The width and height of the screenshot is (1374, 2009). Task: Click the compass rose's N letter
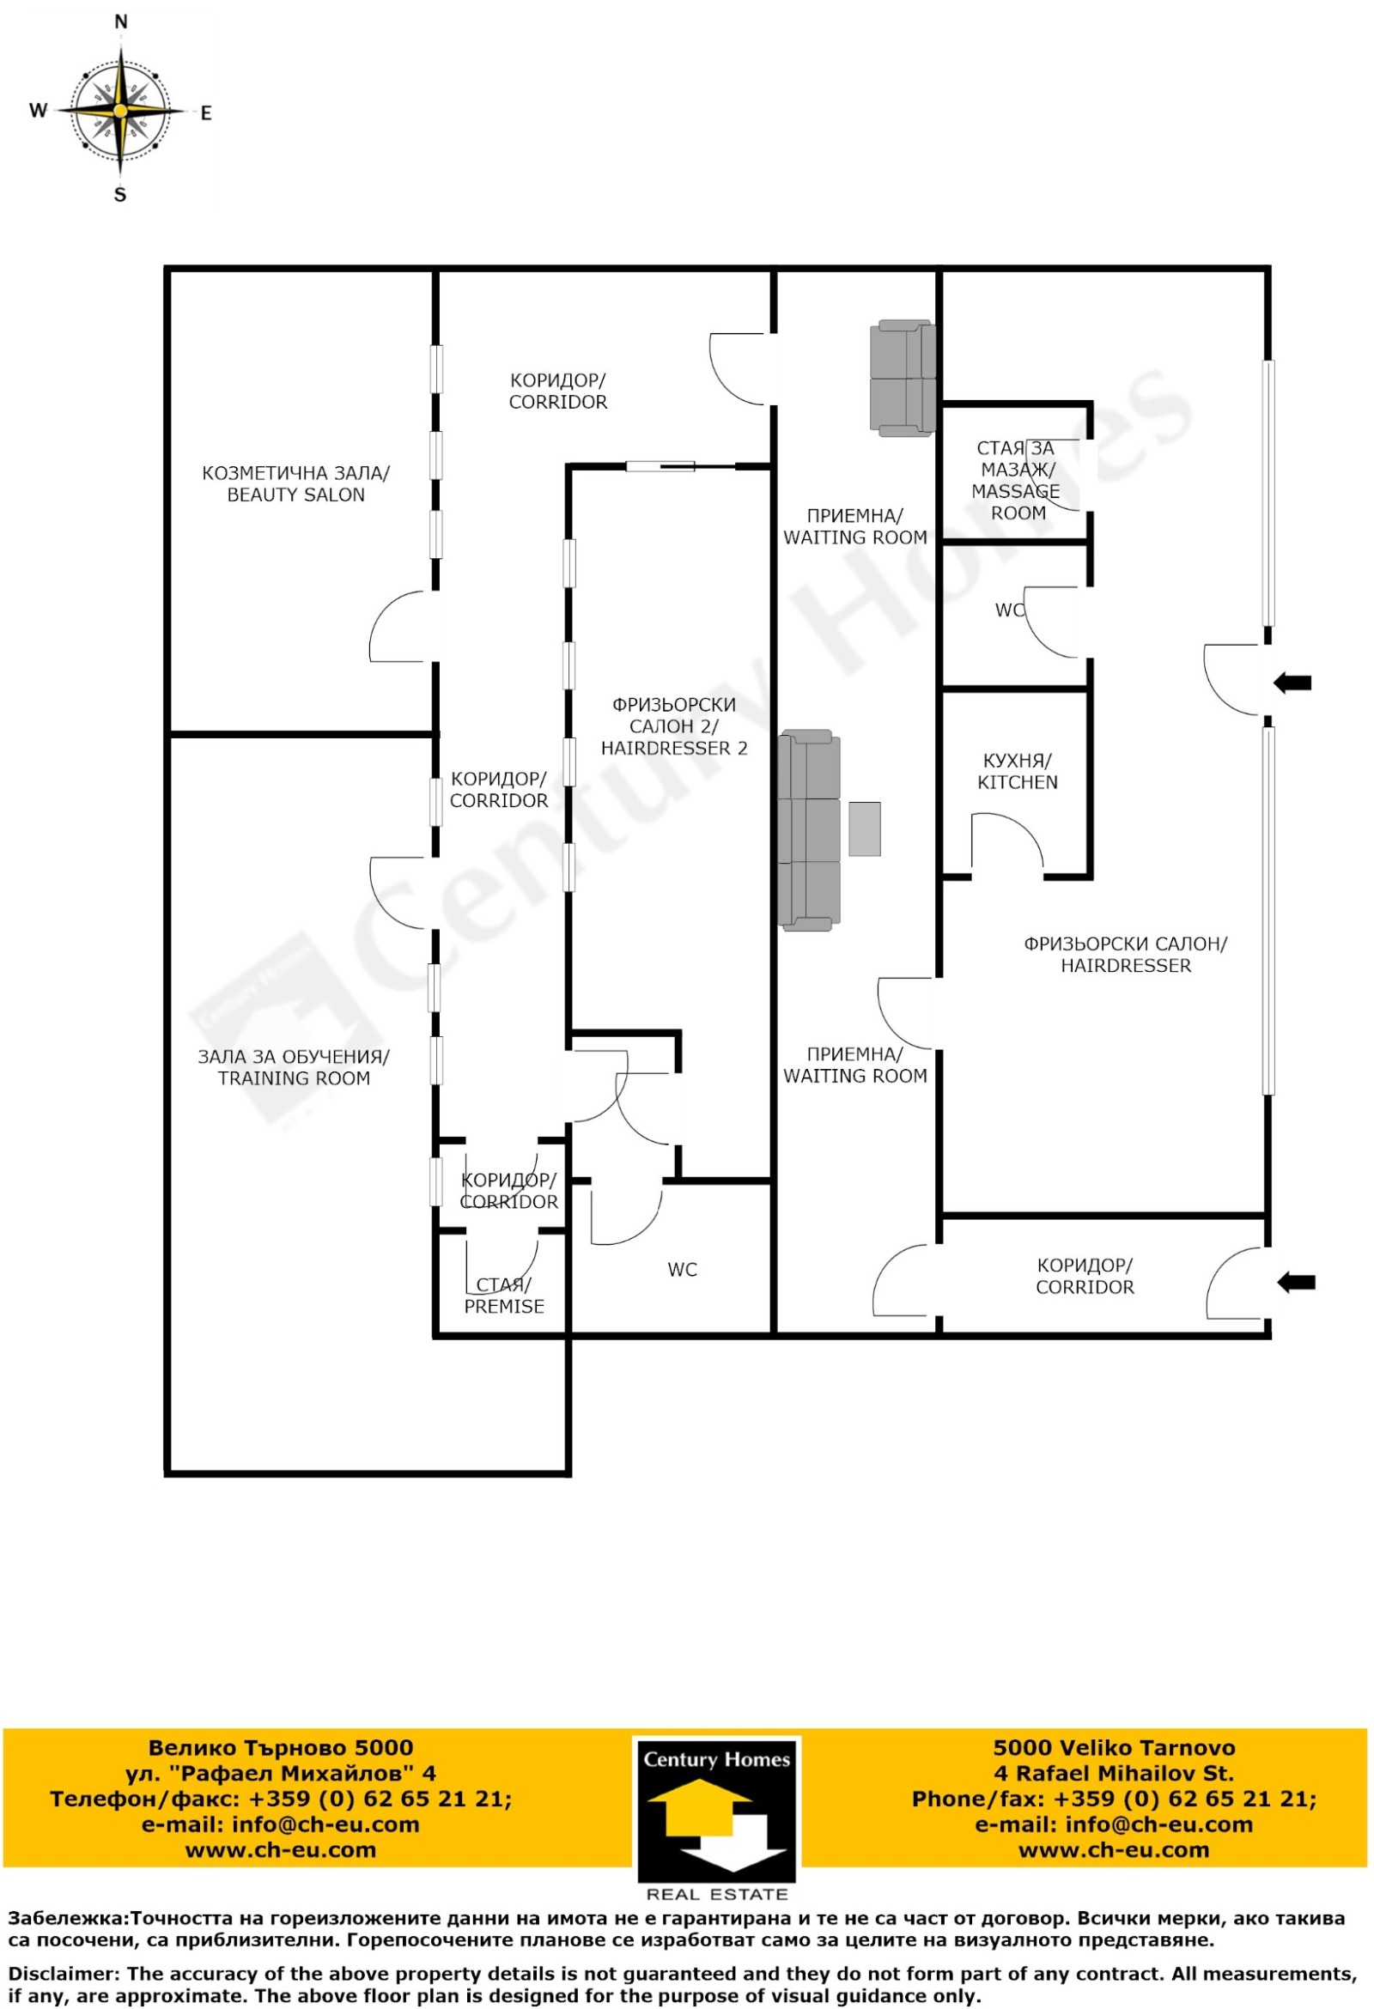pos(121,21)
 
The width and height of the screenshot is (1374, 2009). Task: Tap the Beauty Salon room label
pos(295,484)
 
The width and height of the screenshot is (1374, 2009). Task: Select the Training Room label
pos(294,1068)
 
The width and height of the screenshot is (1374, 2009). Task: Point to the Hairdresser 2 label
pos(674,727)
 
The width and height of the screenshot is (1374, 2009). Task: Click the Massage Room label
pos(1016,481)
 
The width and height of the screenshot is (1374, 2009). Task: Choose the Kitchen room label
pos(1018,771)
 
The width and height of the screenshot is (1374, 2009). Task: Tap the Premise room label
pos(504,1296)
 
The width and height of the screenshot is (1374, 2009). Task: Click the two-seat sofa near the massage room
pos(903,378)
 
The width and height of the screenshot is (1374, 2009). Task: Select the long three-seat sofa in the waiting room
pos(809,830)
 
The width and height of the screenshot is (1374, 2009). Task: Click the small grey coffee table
pos(865,829)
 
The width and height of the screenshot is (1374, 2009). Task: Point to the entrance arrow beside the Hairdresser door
pos(1292,683)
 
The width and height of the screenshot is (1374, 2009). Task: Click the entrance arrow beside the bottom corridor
pos(1296,1283)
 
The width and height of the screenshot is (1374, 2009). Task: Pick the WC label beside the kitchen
pos(1009,610)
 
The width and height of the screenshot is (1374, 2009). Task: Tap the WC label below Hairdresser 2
pos(682,1270)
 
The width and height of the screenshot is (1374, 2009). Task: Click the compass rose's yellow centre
pos(121,111)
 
